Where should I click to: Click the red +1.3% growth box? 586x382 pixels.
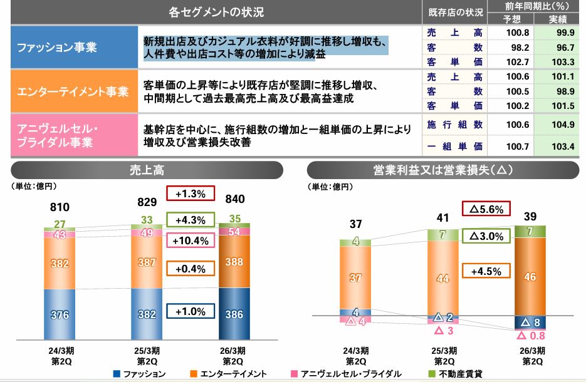[x=191, y=194]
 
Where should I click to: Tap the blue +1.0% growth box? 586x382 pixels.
[x=191, y=311]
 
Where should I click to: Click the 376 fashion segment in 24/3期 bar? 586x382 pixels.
[x=60, y=314]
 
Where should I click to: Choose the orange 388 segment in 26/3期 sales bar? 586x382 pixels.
[x=234, y=263]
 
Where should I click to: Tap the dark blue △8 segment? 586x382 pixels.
[x=530, y=323]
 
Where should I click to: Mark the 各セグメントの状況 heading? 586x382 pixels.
[x=216, y=12]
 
